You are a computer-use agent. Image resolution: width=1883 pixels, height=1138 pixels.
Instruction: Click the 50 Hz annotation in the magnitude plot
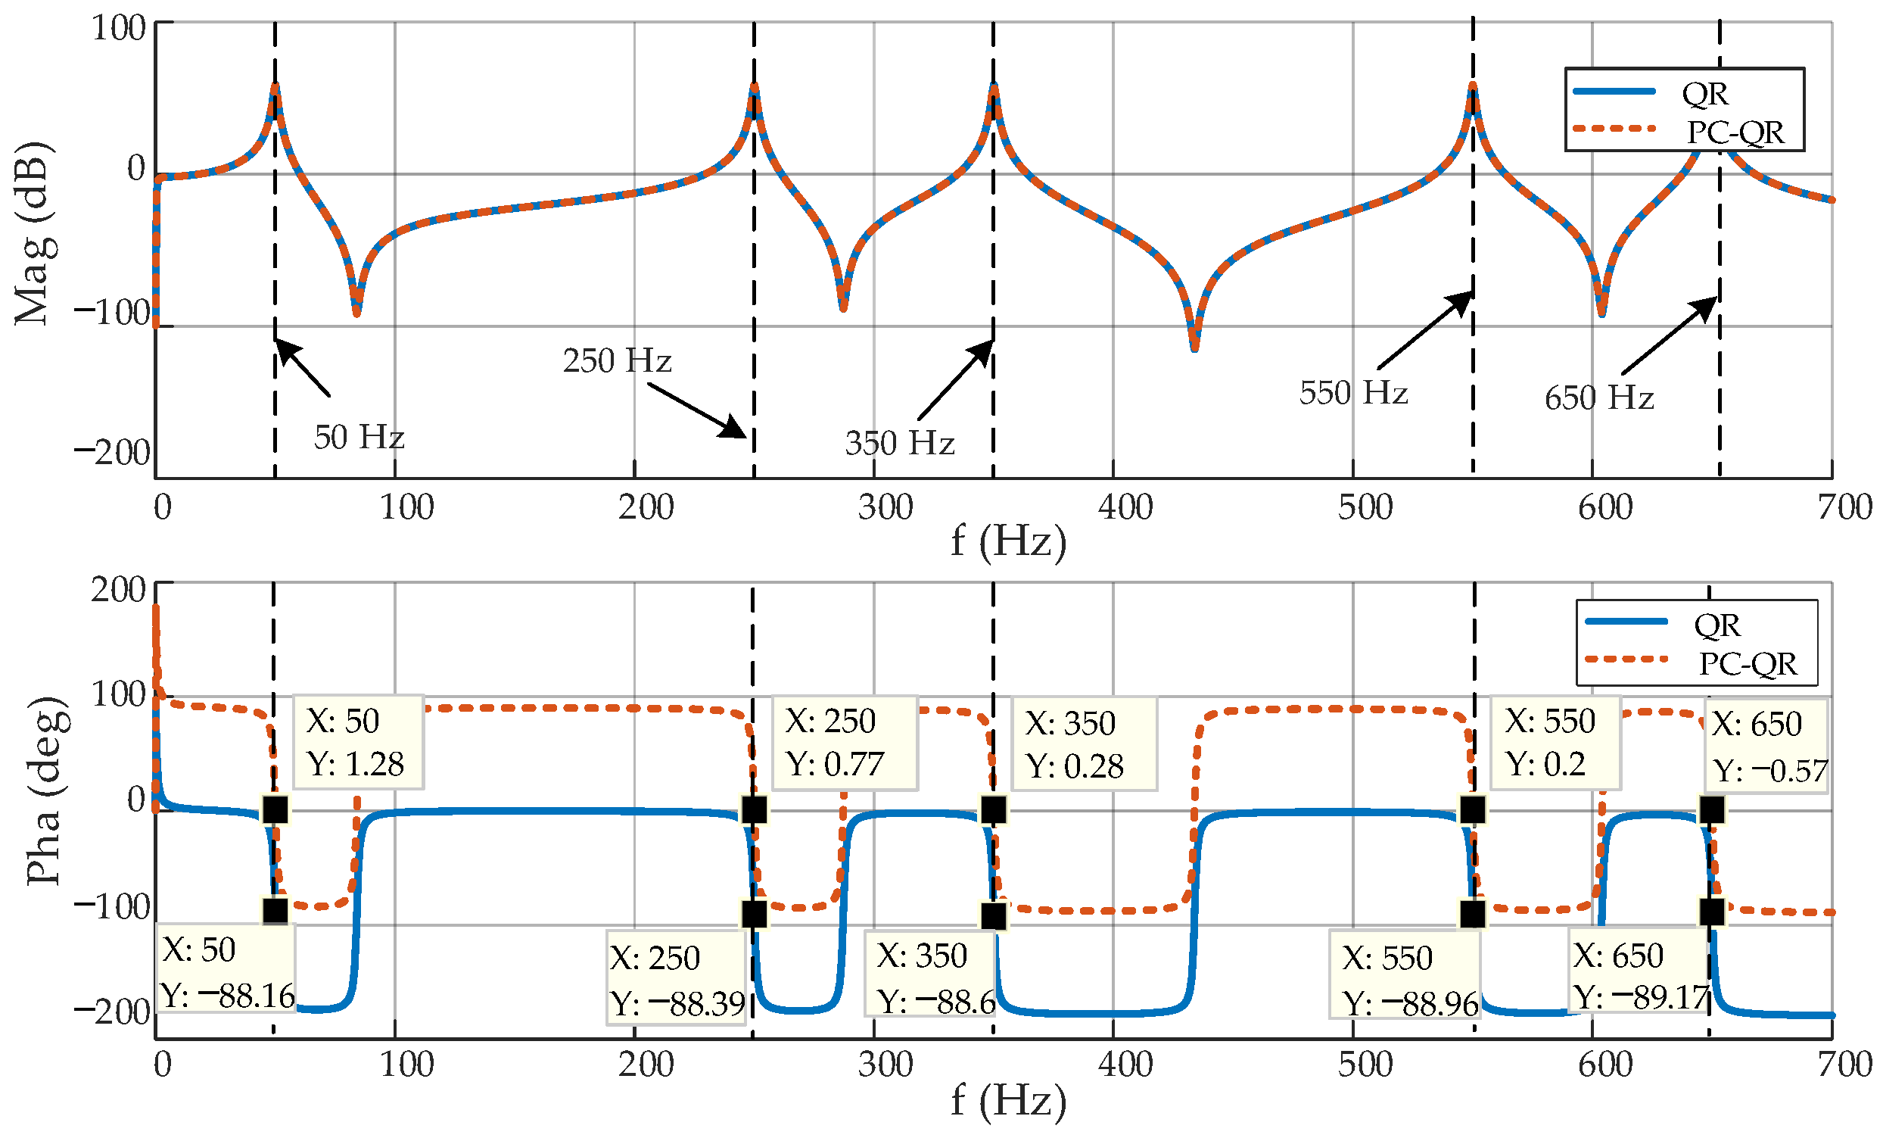359,438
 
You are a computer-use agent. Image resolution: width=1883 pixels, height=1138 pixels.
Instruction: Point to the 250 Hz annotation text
617,360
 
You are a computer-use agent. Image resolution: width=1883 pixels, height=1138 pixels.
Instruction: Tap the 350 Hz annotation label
898,443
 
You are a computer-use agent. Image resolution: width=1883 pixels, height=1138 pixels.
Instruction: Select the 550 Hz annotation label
1352,393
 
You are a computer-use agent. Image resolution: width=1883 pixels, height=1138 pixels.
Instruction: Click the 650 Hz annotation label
1598,398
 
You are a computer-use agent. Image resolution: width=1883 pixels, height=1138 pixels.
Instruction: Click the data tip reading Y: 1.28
358,742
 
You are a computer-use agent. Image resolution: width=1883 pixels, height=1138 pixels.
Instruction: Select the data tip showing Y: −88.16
226,971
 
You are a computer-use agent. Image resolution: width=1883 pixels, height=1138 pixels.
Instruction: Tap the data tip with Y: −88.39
677,978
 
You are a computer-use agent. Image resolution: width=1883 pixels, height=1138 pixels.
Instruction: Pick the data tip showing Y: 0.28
1083,744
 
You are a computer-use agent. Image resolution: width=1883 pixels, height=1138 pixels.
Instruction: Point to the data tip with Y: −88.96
1405,978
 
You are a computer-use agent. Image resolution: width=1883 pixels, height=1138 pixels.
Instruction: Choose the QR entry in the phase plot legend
1716,625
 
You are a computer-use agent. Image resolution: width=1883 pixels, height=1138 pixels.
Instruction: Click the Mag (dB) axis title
33,233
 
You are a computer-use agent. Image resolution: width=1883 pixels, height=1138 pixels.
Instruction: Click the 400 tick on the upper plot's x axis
1124,508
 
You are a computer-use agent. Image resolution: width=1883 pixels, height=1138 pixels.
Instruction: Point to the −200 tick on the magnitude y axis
113,453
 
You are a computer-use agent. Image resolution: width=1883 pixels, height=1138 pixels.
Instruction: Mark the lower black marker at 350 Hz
993,915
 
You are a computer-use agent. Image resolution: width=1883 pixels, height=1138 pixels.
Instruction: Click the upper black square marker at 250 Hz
754,809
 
